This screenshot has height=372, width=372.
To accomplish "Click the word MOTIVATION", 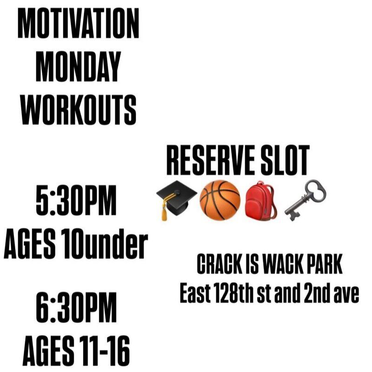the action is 78,24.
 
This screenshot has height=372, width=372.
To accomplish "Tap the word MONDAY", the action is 78,66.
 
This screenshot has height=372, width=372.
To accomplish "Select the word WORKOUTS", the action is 78,110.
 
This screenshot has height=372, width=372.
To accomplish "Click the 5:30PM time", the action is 76,200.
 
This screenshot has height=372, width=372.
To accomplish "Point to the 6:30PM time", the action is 76,307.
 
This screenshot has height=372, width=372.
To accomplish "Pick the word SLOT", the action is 285,160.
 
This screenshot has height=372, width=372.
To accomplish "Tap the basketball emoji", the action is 220,200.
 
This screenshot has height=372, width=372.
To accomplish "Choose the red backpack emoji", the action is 261,200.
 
